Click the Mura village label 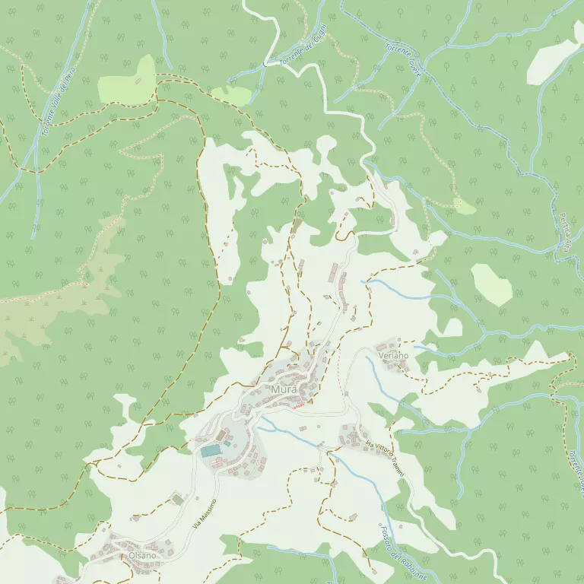click(x=283, y=390)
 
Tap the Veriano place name click(x=393, y=355)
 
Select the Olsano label click(x=142, y=556)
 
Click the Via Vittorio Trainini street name click(x=382, y=457)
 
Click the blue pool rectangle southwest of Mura click(x=211, y=451)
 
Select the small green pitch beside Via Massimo click(x=177, y=499)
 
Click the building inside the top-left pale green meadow click(x=138, y=81)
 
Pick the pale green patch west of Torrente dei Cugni click(x=230, y=95)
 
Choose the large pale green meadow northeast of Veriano click(x=491, y=284)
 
